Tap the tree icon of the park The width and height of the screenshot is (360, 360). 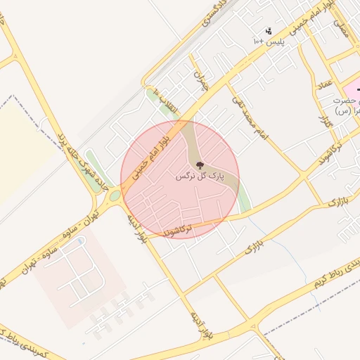click(x=200, y=166)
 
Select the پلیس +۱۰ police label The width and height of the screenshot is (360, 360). click(x=268, y=42)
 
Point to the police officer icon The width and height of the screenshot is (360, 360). click(x=268, y=31)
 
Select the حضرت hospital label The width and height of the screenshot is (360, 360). click(x=344, y=103)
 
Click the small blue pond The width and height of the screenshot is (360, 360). click(x=81, y=241)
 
